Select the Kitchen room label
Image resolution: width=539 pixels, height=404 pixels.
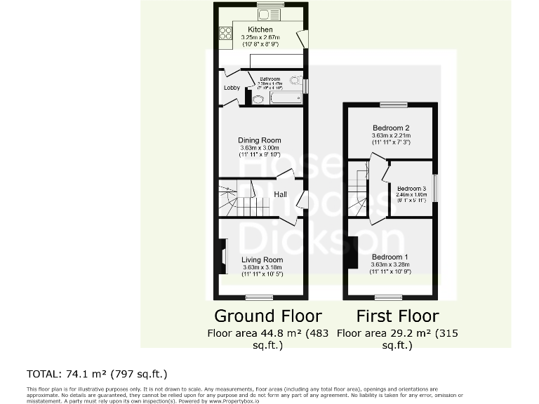260,29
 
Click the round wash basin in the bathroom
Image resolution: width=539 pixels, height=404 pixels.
258,99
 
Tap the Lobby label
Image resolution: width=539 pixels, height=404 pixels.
232,88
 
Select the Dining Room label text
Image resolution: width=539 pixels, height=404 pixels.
260,140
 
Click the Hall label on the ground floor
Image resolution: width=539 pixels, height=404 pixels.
280,194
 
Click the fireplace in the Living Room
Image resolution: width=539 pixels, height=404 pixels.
223,257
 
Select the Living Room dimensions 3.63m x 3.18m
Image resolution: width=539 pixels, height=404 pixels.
260,267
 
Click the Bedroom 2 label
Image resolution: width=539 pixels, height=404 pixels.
390,128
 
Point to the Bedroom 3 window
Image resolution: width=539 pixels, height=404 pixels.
435,189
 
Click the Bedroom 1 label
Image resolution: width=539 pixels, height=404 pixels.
390,257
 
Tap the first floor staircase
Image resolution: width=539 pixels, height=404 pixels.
359,189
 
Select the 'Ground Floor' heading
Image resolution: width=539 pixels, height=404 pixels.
267,316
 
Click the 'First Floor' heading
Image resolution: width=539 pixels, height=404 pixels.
397,316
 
